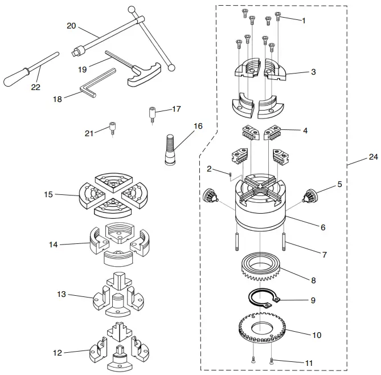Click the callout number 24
372,157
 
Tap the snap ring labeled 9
260,298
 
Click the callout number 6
322,227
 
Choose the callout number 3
313,72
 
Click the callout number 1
304,21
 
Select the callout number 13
62,294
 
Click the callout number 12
57,353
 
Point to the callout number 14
54,244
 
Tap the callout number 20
71,26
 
